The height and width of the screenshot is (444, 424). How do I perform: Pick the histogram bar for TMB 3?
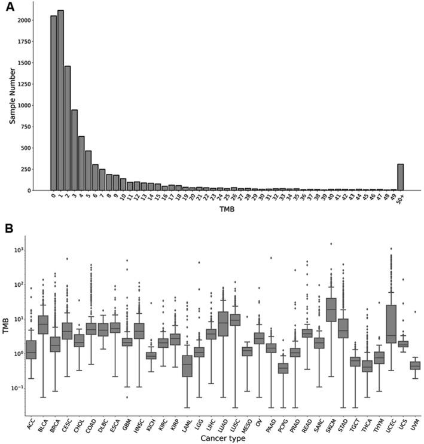74,150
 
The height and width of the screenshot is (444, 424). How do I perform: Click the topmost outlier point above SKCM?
331,244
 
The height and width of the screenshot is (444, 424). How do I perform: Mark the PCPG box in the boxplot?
282,368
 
